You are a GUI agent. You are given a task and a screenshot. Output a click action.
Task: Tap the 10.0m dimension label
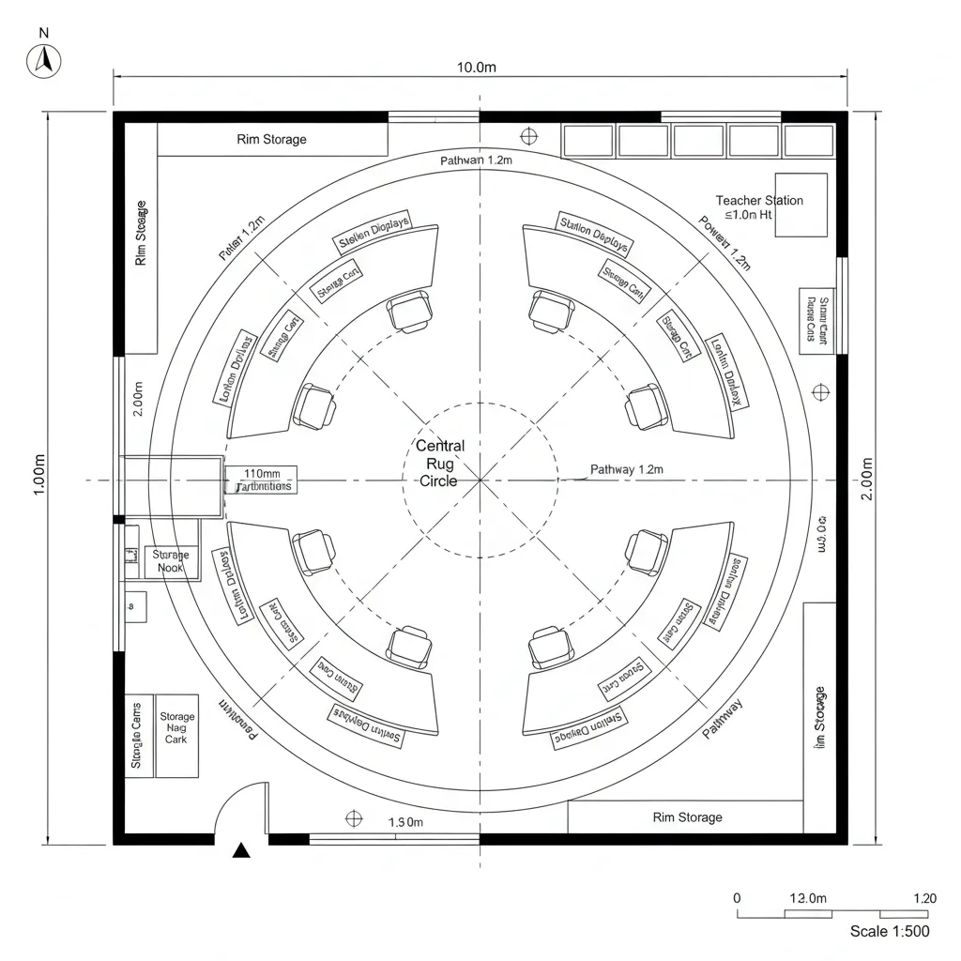click(x=476, y=68)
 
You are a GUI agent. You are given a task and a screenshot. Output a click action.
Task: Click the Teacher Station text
click(x=759, y=201)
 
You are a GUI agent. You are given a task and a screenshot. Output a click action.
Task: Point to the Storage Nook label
click(x=171, y=561)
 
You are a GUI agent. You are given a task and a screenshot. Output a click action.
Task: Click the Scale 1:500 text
click(x=890, y=931)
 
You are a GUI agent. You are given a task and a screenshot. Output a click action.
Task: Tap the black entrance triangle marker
click(x=242, y=850)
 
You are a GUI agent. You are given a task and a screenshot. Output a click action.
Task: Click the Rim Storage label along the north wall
click(x=271, y=140)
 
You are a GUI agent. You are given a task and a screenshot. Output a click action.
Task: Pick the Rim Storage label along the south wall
click(x=687, y=817)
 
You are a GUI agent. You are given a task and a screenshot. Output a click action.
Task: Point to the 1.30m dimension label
click(x=406, y=822)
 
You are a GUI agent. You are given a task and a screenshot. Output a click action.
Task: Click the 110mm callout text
click(x=262, y=473)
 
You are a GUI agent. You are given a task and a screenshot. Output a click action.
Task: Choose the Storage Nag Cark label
click(x=176, y=728)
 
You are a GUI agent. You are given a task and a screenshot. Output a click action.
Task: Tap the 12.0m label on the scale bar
click(x=808, y=898)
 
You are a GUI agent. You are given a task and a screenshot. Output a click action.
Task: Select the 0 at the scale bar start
click(x=737, y=898)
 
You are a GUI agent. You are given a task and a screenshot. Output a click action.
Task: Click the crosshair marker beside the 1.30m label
click(x=354, y=818)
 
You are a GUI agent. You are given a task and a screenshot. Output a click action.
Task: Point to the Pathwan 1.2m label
click(x=476, y=161)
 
